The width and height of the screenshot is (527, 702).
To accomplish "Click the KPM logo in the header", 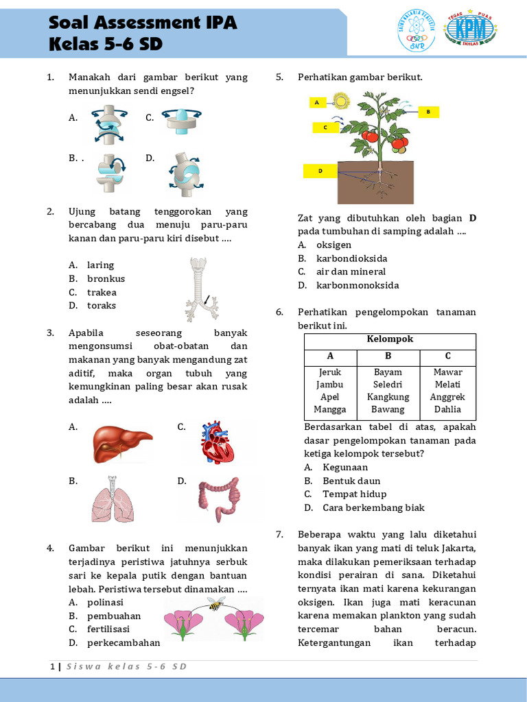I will point(471,31).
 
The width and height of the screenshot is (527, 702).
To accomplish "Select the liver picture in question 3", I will point(122,443).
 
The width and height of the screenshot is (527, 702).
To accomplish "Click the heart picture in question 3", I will point(217,444).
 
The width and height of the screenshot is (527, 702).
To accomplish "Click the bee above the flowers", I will point(216,604).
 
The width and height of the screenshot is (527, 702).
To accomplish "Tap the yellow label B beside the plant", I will point(428,111).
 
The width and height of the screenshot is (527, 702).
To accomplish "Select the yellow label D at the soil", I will point(320,171).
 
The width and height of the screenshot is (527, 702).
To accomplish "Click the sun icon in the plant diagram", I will point(341,102).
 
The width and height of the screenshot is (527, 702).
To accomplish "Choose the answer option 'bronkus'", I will point(106,279).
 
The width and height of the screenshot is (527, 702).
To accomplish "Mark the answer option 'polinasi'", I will point(105,602).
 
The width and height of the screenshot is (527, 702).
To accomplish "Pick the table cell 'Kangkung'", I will point(388,397).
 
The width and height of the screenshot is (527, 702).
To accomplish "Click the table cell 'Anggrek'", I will point(447,397).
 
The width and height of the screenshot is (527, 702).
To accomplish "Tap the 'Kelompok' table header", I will point(390,339).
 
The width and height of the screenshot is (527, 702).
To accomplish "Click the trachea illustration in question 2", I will point(199,288).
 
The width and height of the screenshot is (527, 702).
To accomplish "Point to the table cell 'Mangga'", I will point(330,409).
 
